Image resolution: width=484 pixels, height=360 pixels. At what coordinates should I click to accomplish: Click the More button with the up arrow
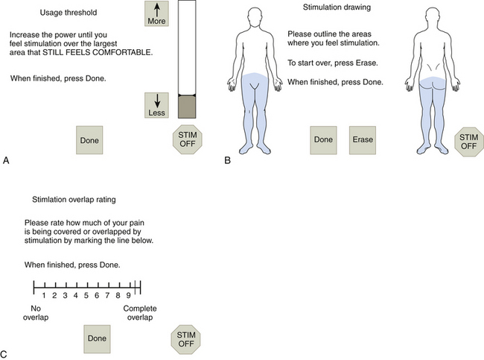pyautogui.click(x=156, y=14)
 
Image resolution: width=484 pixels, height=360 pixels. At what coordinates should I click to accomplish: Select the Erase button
pyautogui.click(x=364, y=139)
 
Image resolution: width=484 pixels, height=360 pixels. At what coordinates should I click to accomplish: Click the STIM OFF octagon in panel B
pyautogui.click(x=468, y=141)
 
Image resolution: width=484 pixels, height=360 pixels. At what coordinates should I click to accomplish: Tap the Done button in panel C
pyautogui.click(x=98, y=338)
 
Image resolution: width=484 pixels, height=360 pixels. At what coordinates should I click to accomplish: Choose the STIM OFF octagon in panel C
pyautogui.click(x=186, y=338)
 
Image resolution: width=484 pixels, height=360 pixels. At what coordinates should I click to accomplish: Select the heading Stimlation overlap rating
pyautogui.click(x=76, y=199)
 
